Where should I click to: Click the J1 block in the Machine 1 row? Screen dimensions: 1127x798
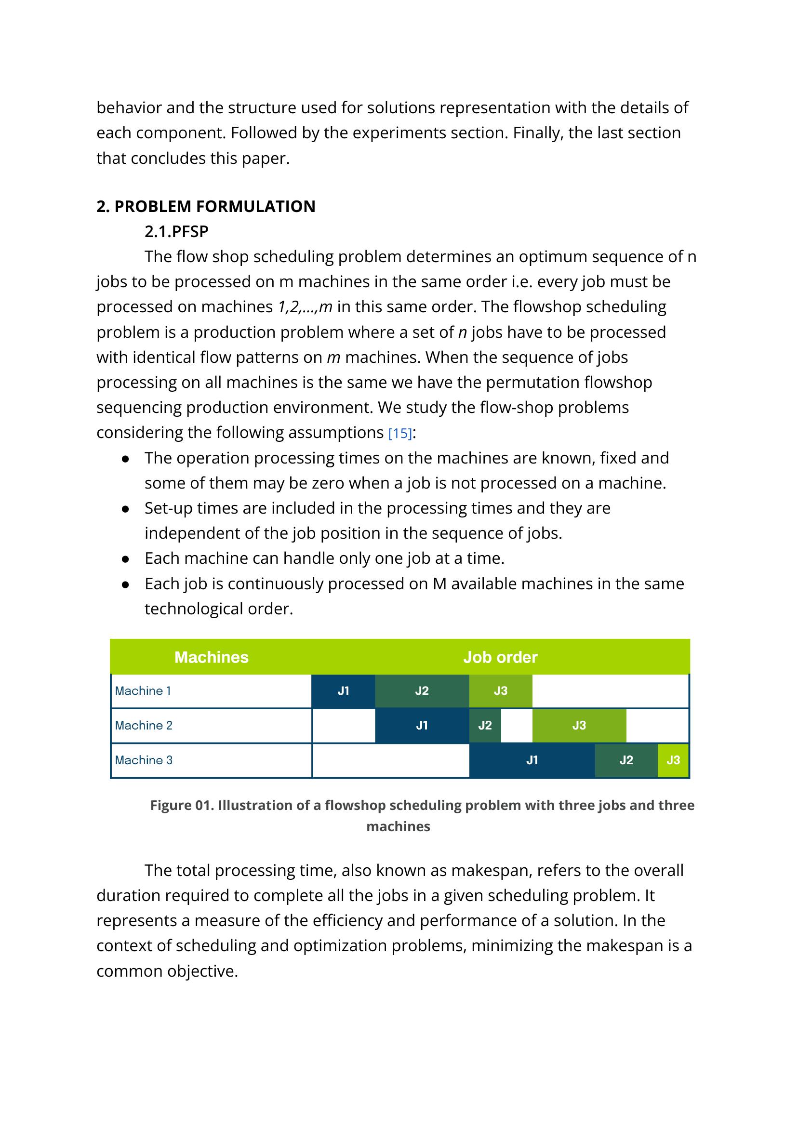(343, 691)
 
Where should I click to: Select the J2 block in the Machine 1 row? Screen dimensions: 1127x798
(422, 691)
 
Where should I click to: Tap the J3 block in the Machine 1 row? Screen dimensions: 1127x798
(500, 691)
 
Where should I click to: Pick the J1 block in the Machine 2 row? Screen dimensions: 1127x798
(422, 725)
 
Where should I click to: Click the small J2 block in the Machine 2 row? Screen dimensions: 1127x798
(485, 725)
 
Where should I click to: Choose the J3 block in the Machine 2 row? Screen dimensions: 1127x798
(579, 725)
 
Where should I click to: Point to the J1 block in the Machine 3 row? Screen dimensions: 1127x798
(532, 760)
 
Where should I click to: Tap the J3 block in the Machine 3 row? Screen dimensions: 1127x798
(673, 760)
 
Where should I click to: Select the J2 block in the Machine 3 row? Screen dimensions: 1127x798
(626, 760)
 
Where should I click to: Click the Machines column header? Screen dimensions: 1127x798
(211, 657)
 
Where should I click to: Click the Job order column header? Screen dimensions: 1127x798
(500, 657)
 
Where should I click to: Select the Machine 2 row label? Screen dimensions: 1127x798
(144, 725)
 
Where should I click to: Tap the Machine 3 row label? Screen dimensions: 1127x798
(144, 760)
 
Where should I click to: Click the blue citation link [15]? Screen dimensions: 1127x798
(399, 433)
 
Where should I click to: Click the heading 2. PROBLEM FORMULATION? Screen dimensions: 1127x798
(206, 206)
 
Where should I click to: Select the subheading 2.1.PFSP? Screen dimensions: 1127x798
(176, 231)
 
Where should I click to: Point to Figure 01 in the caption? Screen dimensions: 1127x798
(182, 805)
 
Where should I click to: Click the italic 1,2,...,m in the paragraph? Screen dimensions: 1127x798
(305, 307)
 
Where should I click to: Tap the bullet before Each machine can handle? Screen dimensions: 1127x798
(125, 559)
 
